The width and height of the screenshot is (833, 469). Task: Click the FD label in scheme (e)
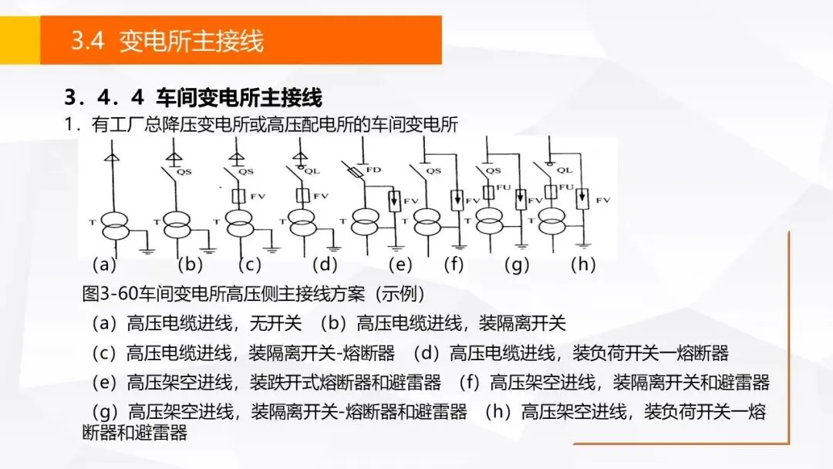point(373,169)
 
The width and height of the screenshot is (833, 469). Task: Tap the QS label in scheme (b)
point(184,172)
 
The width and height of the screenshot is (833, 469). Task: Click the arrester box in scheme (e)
point(395,200)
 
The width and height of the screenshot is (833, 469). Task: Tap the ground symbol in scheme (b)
point(207,250)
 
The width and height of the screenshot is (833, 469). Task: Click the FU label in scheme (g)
point(502,187)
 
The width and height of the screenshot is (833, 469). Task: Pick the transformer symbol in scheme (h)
point(550,224)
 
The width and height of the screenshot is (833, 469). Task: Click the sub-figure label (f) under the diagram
point(454,265)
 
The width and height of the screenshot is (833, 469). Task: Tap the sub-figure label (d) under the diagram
point(325,265)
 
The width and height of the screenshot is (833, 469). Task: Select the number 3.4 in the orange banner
point(87,41)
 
